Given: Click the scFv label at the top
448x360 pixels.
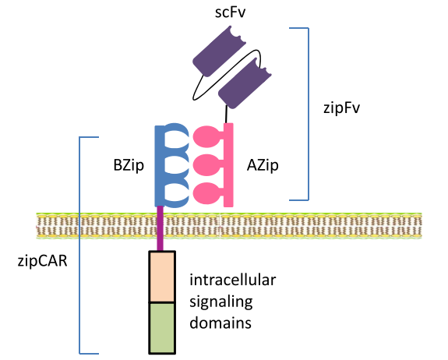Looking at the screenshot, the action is coord(231,13).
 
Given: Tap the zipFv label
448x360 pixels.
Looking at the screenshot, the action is coord(341,108).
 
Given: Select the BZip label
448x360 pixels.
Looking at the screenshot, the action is coord(129,165).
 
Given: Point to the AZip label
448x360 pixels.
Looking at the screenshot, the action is coord(263,165).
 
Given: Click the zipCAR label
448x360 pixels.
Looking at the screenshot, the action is coord(43,261).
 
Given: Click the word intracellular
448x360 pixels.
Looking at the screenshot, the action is coord(233,280).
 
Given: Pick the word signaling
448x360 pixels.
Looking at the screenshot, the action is coord(221,302).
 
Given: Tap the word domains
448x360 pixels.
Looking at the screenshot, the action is coord(220,323).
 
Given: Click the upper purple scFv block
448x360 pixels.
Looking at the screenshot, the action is coord(219,51).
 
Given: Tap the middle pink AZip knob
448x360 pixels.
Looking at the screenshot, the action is coord(207,165).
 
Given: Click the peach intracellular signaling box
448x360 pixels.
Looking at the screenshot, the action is coord(162,277).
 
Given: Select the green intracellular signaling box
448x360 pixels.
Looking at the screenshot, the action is coord(162,328).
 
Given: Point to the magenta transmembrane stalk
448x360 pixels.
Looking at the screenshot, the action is coord(160,228).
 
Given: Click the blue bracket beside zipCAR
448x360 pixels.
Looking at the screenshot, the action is coord(79,245).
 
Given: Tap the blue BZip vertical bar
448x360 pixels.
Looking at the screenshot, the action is coord(159,165).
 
